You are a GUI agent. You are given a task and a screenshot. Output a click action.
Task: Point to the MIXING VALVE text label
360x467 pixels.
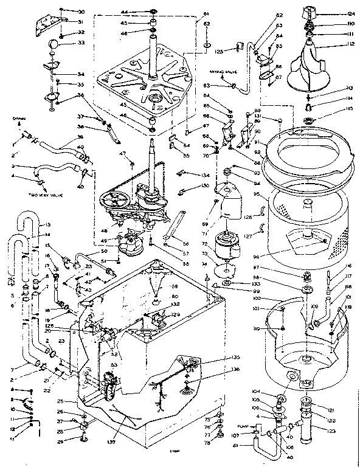click(223, 72)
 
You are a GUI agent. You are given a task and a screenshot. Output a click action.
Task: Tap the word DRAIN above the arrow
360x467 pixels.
click(18, 120)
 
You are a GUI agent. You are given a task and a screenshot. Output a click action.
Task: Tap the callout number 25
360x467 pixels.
click(60, 401)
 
